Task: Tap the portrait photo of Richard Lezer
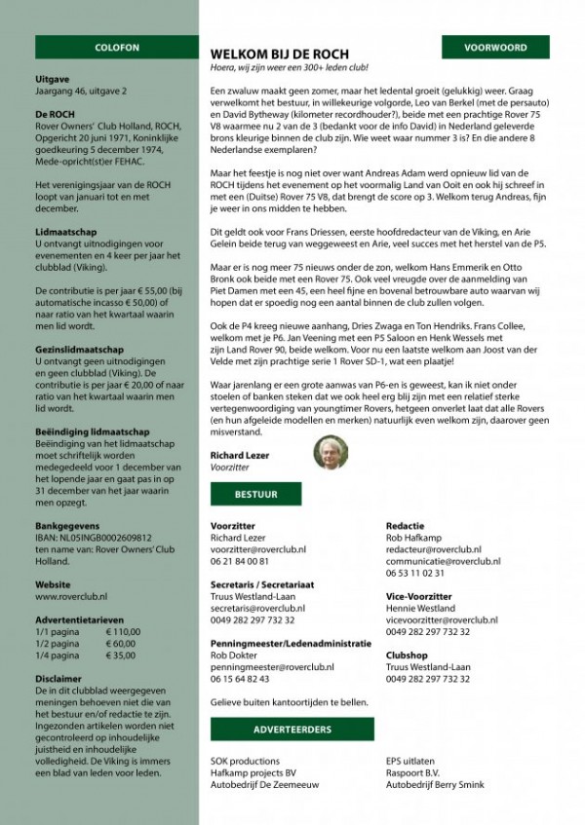point(331,453)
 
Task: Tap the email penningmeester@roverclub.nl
point(272,667)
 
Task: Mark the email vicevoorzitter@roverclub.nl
point(442,619)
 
